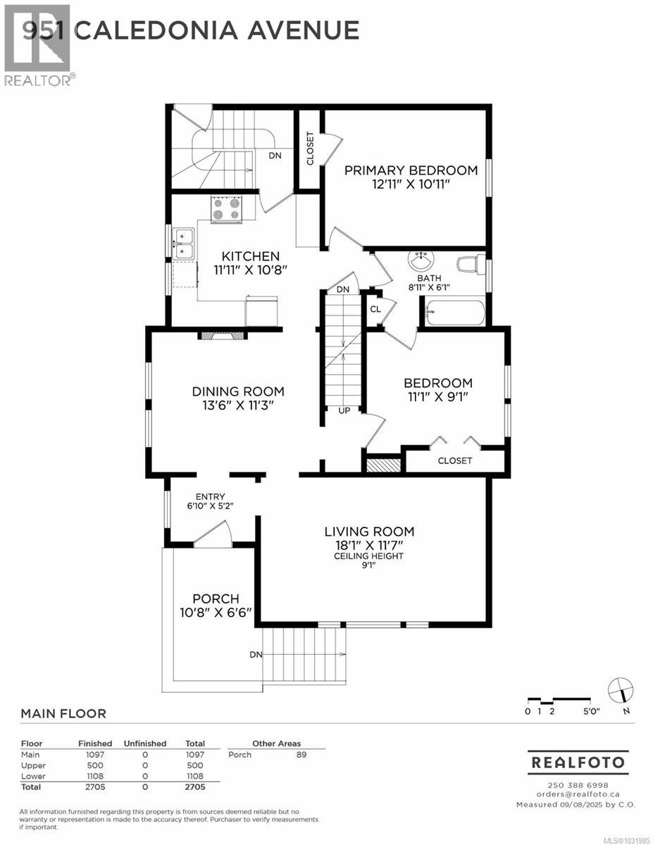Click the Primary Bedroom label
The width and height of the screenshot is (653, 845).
click(411, 170)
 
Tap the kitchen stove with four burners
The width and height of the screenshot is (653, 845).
click(226, 209)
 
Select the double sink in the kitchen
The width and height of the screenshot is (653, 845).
click(184, 243)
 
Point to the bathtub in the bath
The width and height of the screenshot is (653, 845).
click(454, 313)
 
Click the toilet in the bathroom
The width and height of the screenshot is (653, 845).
click(471, 265)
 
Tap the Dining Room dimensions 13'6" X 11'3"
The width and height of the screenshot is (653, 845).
click(238, 405)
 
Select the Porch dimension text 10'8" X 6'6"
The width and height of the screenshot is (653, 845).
click(216, 613)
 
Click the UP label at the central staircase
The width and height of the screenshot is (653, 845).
click(344, 411)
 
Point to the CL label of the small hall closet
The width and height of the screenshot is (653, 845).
click(375, 309)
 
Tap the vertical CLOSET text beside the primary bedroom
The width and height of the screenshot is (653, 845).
click(310, 149)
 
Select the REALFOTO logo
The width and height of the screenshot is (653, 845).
click(578, 762)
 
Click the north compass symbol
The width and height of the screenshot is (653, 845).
click(621, 690)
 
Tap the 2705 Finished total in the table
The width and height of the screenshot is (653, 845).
click(94, 787)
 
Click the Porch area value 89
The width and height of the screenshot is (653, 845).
click(301, 754)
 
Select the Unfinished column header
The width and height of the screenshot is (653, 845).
click(145, 743)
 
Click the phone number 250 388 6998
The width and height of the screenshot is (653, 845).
click(578, 785)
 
